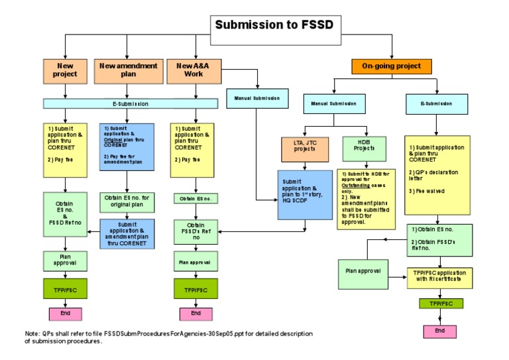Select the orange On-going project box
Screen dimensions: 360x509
pyautogui.click(x=392, y=66)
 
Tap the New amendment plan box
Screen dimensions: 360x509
pyautogui.click(x=129, y=70)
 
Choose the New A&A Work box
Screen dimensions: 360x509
pyautogui.click(x=194, y=70)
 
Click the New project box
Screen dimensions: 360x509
pyautogui.click(x=65, y=70)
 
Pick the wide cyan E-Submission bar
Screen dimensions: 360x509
pyautogui.click(x=131, y=103)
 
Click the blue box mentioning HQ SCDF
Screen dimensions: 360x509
pyautogui.click(x=304, y=195)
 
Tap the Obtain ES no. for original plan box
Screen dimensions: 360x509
pyautogui.click(x=127, y=201)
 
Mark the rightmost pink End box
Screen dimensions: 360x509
pyautogui.click(x=440, y=331)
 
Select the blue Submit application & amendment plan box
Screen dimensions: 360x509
pyautogui.click(x=127, y=233)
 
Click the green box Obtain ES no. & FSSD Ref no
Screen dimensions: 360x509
pyautogui.click(x=65, y=209)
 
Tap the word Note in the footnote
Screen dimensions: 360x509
pyautogui.click(x=32, y=333)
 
